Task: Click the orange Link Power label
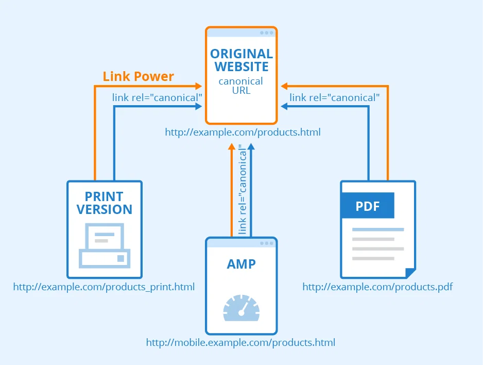[x=138, y=77]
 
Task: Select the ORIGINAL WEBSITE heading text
[x=242, y=60]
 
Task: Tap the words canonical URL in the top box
[x=241, y=86]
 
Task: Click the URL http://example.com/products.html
[x=243, y=132]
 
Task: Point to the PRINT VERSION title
[x=105, y=203]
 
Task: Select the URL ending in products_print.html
[x=104, y=287]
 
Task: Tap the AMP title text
[x=241, y=264]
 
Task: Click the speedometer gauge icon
[x=241, y=308]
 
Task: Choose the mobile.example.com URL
[x=240, y=342]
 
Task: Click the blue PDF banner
[x=368, y=206]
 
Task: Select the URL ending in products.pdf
[x=377, y=287]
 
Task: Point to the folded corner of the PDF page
[x=410, y=273]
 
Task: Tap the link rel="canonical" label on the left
[x=157, y=97]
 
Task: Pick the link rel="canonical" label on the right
[x=335, y=97]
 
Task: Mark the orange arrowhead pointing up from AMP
[x=232, y=147]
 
